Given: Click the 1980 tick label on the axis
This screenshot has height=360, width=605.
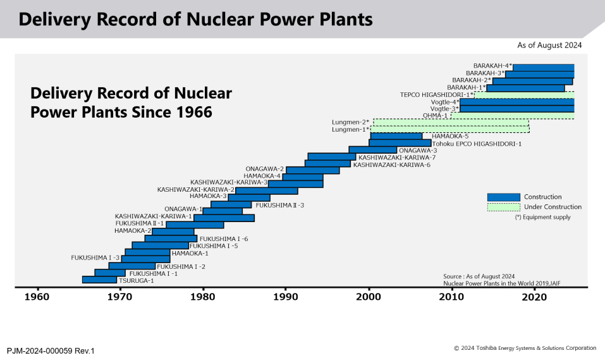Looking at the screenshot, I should pyautogui.click(x=203, y=297).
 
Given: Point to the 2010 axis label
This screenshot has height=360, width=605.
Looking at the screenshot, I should pyautogui.click(x=452, y=297).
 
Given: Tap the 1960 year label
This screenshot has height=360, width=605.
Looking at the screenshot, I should pyautogui.click(x=37, y=297).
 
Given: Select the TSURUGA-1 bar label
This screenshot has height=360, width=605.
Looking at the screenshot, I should pyautogui.click(x=137, y=280).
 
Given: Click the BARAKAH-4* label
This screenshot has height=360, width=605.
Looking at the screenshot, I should pyautogui.click(x=492, y=66).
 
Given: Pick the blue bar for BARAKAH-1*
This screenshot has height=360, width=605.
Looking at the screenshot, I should pyautogui.click(x=525, y=88).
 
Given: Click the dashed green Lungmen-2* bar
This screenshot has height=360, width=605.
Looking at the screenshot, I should pyautogui.click(x=451, y=122).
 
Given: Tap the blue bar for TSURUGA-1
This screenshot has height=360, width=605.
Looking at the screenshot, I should pyautogui.click(x=99, y=280).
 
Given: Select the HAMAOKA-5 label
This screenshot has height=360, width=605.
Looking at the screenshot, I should pyautogui.click(x=449, y=136).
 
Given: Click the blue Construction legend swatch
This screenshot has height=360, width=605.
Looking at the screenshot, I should pyautogui.click(x=503, y=197).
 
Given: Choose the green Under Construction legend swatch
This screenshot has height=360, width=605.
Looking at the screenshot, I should pyautogui.click(x=503, y=207).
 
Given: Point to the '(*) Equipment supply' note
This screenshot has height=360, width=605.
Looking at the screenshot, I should pyautogui.click(x=542, y=217).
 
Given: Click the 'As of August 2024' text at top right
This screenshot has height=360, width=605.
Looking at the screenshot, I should pyautogui.click(x=549, y=46).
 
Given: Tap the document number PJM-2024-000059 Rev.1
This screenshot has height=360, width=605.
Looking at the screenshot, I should pyautogui.click(x=51, y=350).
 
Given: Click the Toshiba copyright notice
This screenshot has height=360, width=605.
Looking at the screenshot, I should pyautogui.click(x=525, y=348).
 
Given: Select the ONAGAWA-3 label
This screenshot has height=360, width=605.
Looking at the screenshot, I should pyautogui.click(x=418, y=151).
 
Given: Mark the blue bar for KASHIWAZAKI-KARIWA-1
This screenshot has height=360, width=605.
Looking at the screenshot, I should pyautogui.click(x=224, y=218).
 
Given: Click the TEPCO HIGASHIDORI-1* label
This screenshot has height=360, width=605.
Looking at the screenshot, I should pyautogui.click(x=436, y=95).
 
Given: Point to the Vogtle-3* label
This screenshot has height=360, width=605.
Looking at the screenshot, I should pyautogui.click(x=444, y=109).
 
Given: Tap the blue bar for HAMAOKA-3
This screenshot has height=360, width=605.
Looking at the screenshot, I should pyautogui.click(x=248, y=197).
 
